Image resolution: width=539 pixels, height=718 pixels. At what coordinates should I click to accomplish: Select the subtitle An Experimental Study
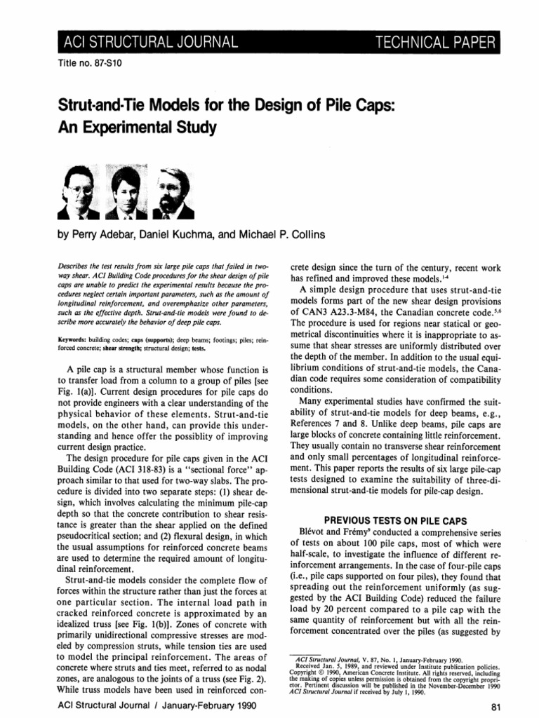point(126,129)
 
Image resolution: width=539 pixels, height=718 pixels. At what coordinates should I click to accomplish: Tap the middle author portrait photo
point(125,189)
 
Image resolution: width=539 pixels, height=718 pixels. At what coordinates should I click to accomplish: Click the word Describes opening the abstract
point(74,269)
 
